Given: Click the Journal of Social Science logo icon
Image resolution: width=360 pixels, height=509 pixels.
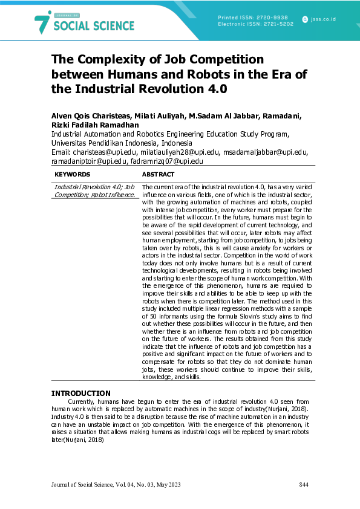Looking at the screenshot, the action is pyautogui.click(x=42, y=22).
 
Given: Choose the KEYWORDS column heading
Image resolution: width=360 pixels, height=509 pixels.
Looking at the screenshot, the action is pyautogui.click(x=72, y=174).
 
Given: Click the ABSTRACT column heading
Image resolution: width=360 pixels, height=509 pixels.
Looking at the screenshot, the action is pyautogui.click(x=158, y=174).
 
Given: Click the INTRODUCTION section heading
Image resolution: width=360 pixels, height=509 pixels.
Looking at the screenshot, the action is pyautogui.click(x=81, y=393).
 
